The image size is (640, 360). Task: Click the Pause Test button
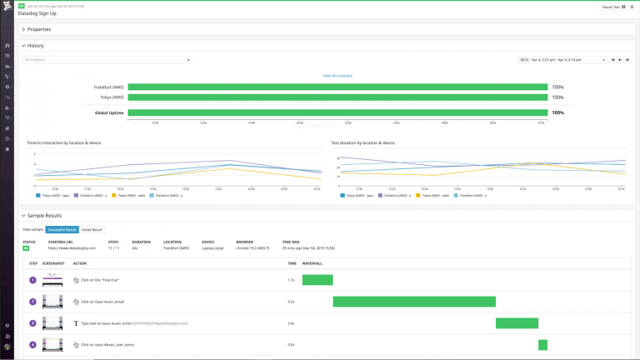pos(611,7)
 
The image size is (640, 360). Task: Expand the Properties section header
pos(38,29)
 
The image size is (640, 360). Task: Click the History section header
pos(35,46)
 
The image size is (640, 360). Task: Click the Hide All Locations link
pos(337,76)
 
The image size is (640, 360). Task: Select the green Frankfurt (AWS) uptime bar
pos(337,87)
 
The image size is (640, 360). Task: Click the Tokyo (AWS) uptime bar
pos(337,97)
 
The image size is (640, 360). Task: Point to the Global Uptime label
pos(108,112)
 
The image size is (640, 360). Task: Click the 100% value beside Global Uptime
pos(557,112)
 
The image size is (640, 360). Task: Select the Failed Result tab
pos(92,229)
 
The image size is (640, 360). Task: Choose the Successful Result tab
pos(62,229)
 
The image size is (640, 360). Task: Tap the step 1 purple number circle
pos(33,280)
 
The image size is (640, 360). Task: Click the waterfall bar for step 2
pos(414,302)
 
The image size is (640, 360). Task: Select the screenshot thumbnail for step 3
pos(52,323)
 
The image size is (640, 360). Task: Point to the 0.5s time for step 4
pos(291,345)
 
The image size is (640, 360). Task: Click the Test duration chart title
pos(362,142)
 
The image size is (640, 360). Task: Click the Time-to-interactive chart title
pos(63,142)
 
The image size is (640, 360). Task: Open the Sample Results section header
pos(44,215)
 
